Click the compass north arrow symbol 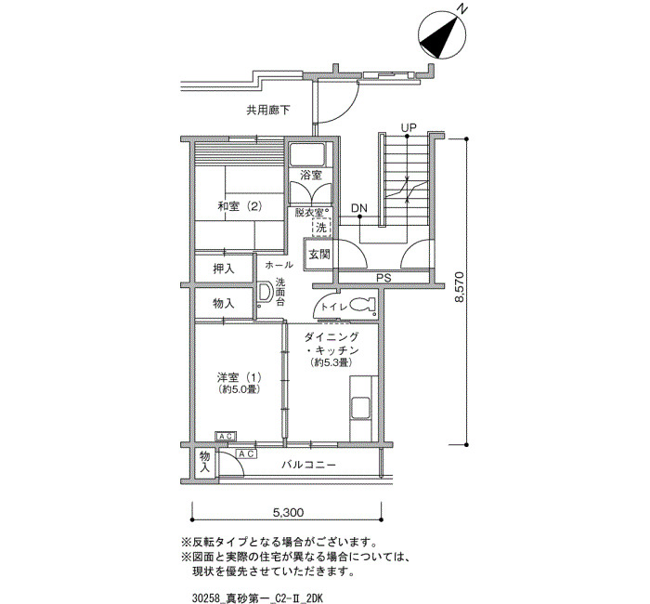click(x=442, y=35)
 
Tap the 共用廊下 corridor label click(x=268, y=111)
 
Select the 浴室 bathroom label click(x=311, y=175)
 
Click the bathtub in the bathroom click(x=307, y=154)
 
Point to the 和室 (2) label click(x=240, y=205)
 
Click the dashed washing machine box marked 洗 click(x=321, y=228)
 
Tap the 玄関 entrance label click(x=318, y=255)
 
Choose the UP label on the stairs click(x=409, y=128)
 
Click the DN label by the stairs click(x=359, y=208)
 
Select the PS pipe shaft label click(x=383, y=278)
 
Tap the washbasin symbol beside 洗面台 click(x=264, y=294)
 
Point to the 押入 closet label click(x=224, y=269)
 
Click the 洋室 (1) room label click(x=239, y=377)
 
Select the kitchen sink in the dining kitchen click(x=360, y=408)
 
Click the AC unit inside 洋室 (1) click(x=226, y=437)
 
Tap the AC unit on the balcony click(x=246, y=454)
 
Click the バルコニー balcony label click(x=309, y=465)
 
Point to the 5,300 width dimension click(x=288, y=512)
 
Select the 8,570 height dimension click(x=460, y=287)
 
